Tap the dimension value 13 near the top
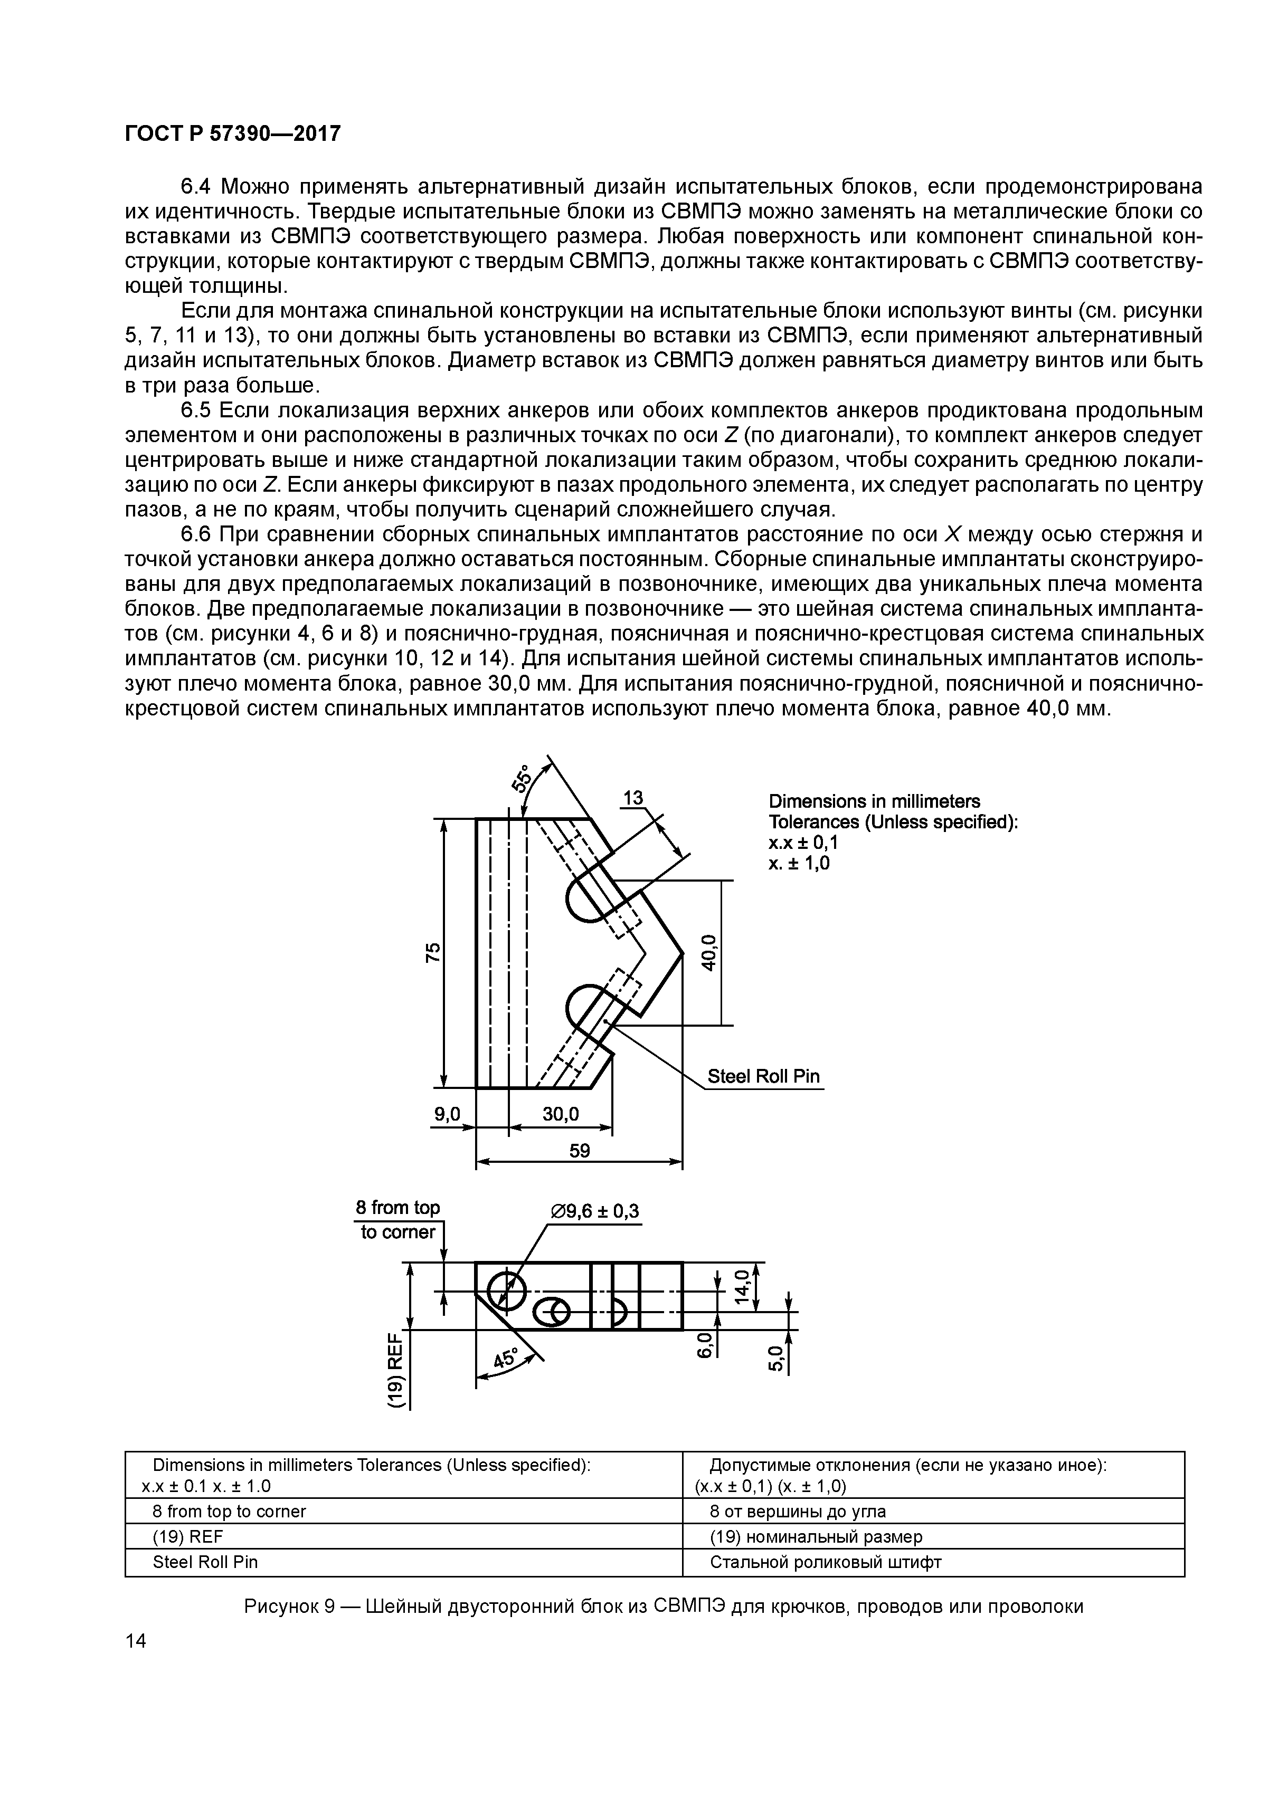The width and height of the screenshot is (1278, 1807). (x=633, y=798)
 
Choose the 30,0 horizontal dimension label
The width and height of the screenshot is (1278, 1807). (x=561, y=1114)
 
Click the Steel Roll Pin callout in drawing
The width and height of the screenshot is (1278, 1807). (x=764, y=1076)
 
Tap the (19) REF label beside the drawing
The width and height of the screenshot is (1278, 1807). (x=396, y=1370)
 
